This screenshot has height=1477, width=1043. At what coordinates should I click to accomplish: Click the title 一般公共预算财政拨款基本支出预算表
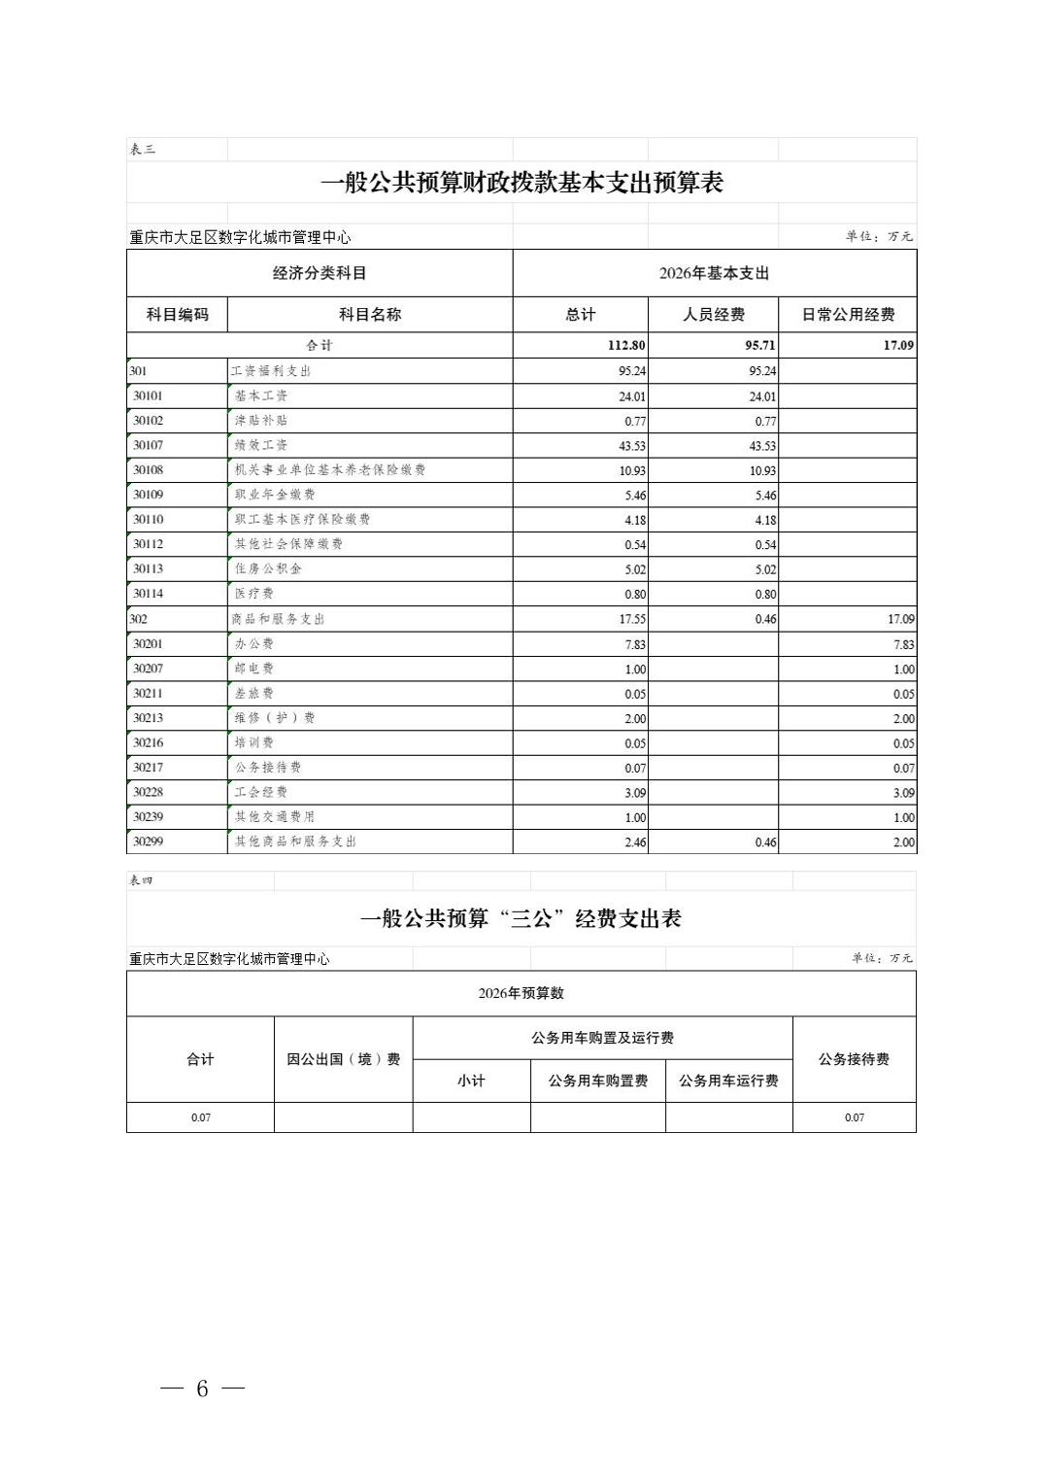521,183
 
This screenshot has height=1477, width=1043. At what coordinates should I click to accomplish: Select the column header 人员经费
714,315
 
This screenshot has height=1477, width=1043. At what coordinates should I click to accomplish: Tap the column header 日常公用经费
848,315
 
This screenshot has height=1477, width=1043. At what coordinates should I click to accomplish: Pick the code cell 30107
148,445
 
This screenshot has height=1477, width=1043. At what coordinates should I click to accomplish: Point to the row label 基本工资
261,395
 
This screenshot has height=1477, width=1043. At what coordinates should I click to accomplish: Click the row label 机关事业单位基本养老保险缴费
330,469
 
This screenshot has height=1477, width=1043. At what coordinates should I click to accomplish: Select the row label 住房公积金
268,568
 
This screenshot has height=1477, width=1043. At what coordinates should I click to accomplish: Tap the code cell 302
138,618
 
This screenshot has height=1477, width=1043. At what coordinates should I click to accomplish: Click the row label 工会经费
261,792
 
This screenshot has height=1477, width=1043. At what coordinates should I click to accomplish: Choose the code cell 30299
148,842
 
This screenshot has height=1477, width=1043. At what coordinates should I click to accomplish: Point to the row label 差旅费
254,693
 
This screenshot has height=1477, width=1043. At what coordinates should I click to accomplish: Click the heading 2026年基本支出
714,274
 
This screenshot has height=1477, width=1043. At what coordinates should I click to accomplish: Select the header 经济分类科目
320,274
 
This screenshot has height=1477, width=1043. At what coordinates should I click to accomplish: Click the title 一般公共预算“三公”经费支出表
521,918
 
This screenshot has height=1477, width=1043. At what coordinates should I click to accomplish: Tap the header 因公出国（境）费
343,1059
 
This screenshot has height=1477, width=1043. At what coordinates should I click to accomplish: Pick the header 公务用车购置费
597,1081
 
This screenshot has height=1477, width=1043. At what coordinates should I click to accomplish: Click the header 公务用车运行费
728,1081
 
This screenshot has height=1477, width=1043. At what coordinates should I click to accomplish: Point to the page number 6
202,1389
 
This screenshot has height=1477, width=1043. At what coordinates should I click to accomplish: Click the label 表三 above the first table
142,150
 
